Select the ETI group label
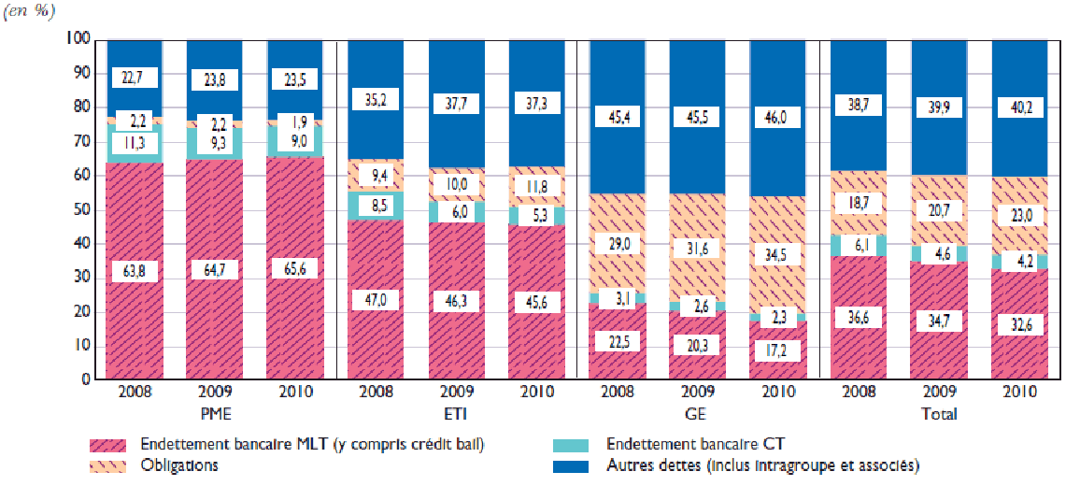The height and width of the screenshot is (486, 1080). pyautogui.click(x=456, y=413)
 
